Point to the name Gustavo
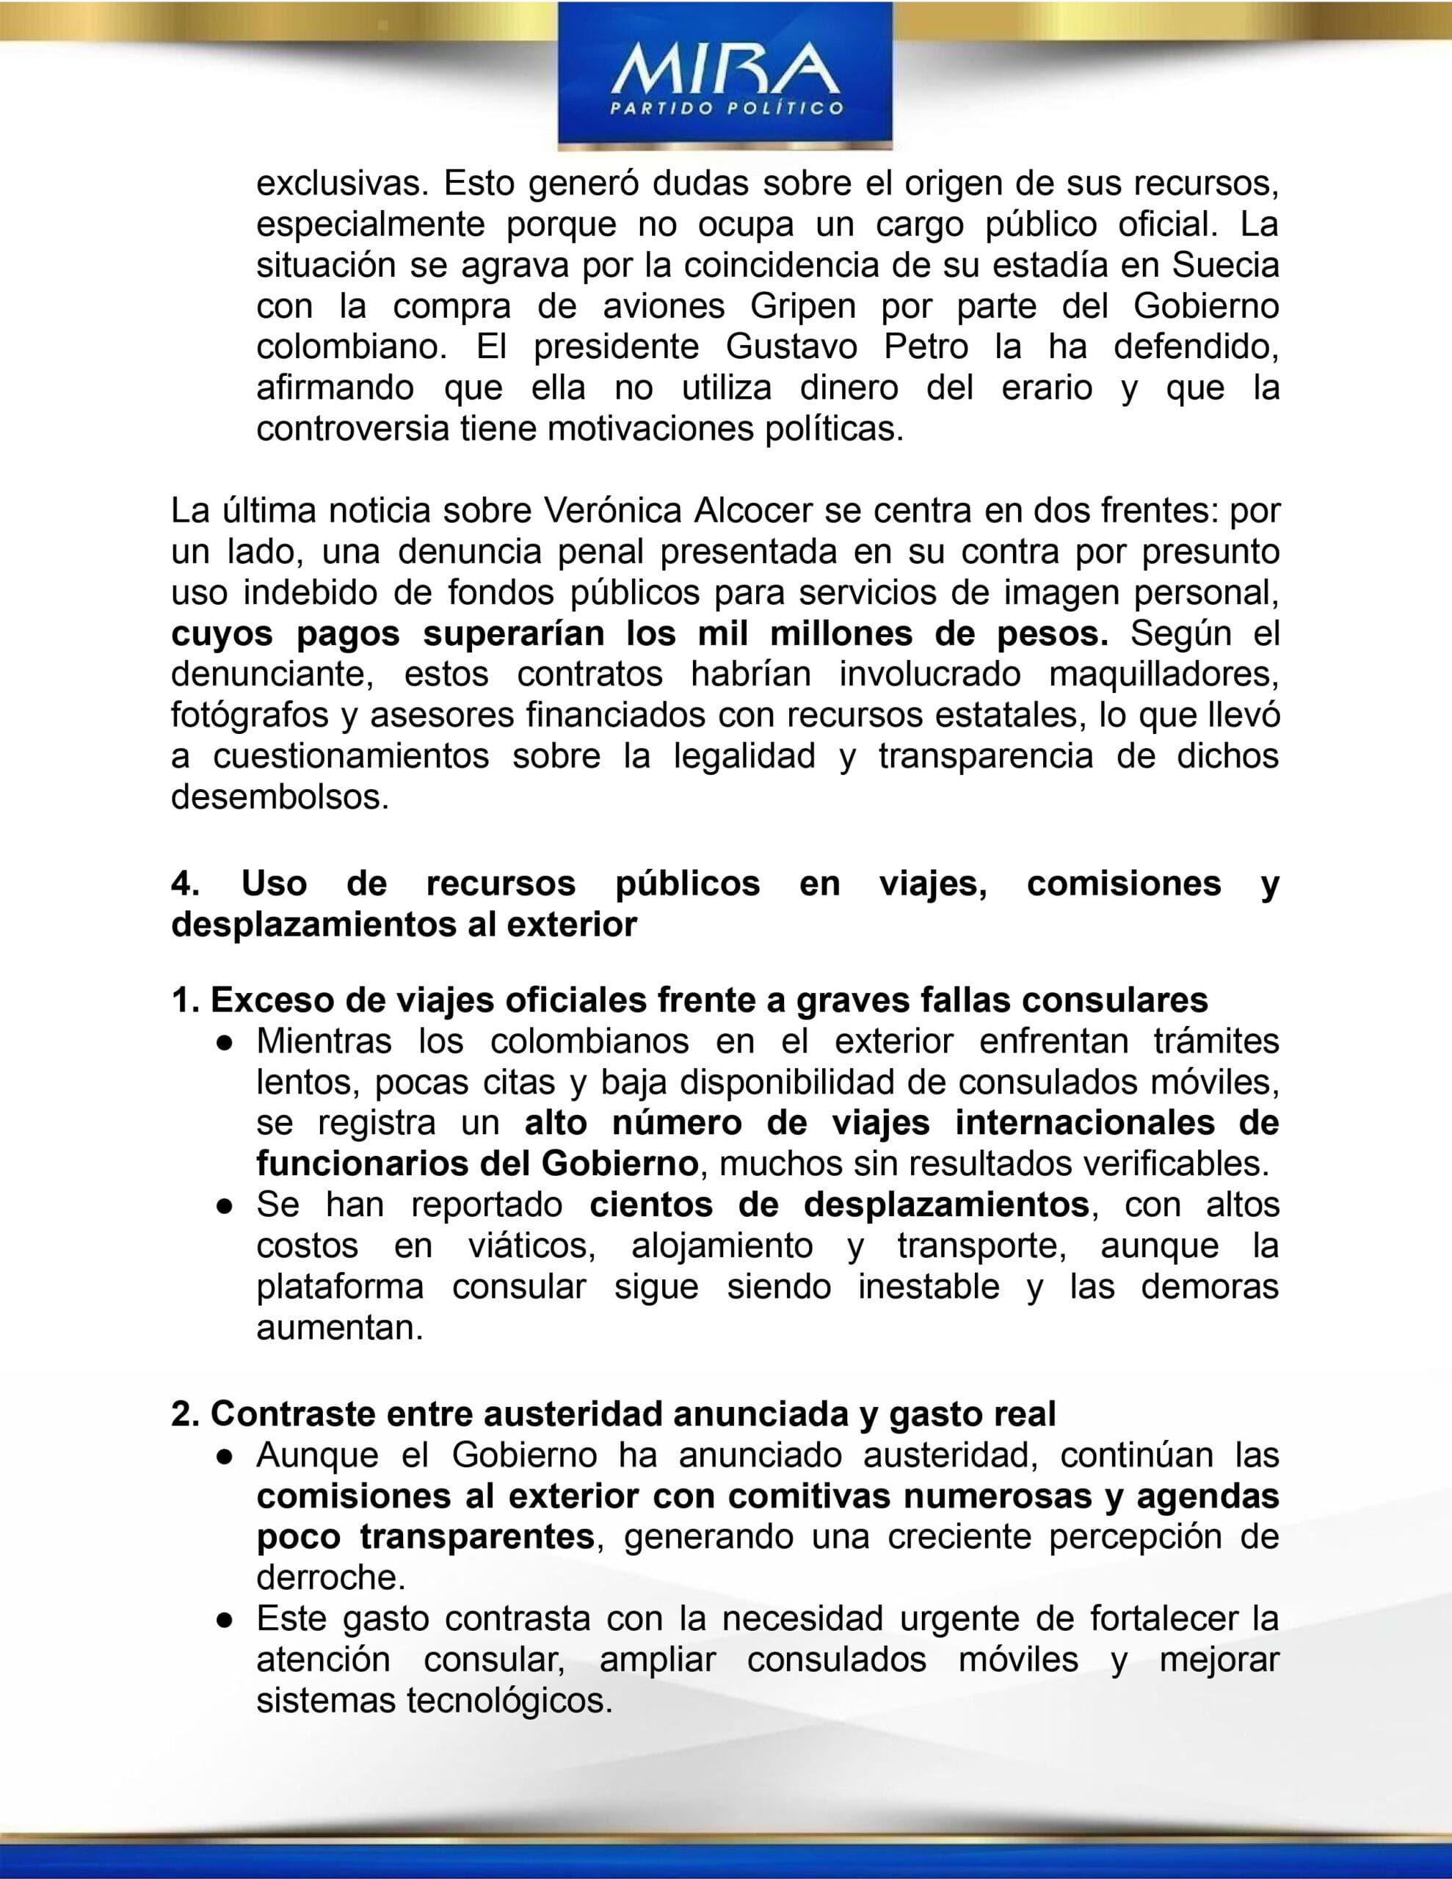791,346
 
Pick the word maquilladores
1164,675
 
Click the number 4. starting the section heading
186,884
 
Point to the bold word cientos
650,1205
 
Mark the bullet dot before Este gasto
225,1620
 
